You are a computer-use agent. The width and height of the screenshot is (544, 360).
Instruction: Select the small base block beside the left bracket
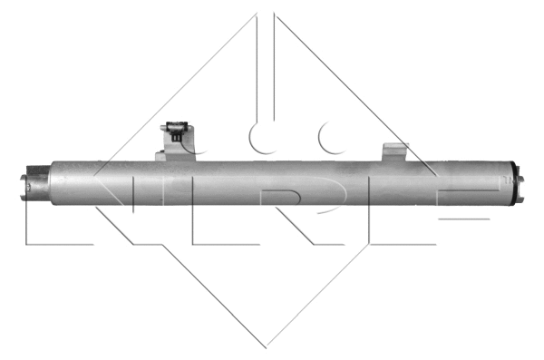pos(161,157)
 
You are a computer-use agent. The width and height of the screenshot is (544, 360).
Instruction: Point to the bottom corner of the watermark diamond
pos(266,346)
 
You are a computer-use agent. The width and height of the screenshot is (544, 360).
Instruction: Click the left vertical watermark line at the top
pos(257,54)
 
